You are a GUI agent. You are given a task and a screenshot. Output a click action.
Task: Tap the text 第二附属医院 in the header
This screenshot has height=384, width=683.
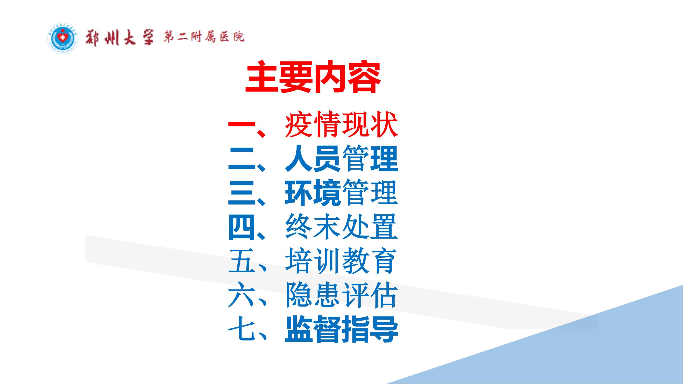(204, 37)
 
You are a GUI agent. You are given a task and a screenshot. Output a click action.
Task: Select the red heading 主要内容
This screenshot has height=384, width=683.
(313, 77)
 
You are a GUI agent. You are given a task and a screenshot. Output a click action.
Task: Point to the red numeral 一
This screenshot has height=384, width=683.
(242, 125)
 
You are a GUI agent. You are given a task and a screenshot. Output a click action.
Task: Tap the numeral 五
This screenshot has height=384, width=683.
(242, 261)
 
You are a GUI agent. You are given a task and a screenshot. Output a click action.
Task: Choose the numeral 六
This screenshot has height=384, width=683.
(242, 295)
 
